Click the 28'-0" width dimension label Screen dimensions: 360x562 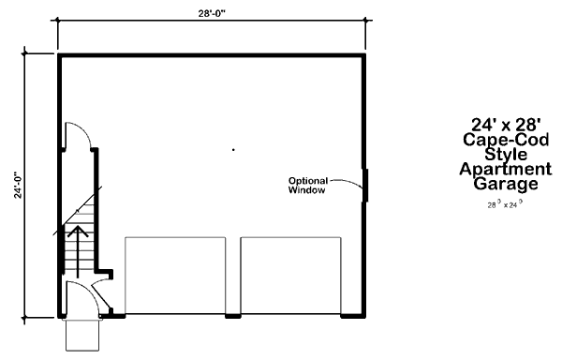click(x=210, y=12)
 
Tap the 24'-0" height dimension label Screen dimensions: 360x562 click(x=17, y=184)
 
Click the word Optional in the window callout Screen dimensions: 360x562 click(x=305, y=181)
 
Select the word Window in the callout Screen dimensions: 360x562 click(x=306, y=190)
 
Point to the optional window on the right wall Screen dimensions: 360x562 click(x=365, y=185)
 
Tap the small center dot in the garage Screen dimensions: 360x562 click(x=233, y=148)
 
